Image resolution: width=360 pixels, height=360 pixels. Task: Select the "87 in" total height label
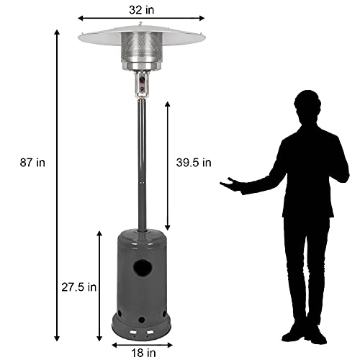(32, 163)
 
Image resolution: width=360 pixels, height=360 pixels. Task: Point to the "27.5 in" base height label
(78, 287)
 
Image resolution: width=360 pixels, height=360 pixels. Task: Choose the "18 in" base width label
(143, 352)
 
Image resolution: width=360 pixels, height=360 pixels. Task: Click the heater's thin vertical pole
(143, 166)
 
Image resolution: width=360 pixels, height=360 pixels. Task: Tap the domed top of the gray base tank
(143, 236)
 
